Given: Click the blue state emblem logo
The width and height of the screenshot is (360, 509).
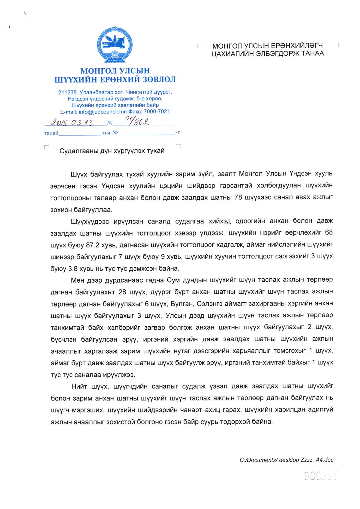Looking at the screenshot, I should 115,44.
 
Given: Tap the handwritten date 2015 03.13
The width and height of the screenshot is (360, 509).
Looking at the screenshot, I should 72,122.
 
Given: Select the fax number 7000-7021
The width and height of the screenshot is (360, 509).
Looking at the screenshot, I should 157,112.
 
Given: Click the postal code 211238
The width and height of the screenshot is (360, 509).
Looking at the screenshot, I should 68,92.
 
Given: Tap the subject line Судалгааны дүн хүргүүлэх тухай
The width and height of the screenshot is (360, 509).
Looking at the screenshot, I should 112,151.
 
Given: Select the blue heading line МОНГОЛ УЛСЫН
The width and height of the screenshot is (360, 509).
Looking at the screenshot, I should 115,71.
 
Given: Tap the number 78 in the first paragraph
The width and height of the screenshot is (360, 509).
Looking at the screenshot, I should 238,197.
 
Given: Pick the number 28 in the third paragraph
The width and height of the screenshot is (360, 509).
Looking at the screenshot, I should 122,292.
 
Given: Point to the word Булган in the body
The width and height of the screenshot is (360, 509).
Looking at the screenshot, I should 181,304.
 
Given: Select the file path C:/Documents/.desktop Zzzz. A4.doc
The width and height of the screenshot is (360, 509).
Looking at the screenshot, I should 286,460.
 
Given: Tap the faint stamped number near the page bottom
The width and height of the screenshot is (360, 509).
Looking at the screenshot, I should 321,476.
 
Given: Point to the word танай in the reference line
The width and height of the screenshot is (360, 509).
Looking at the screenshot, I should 51,133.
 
